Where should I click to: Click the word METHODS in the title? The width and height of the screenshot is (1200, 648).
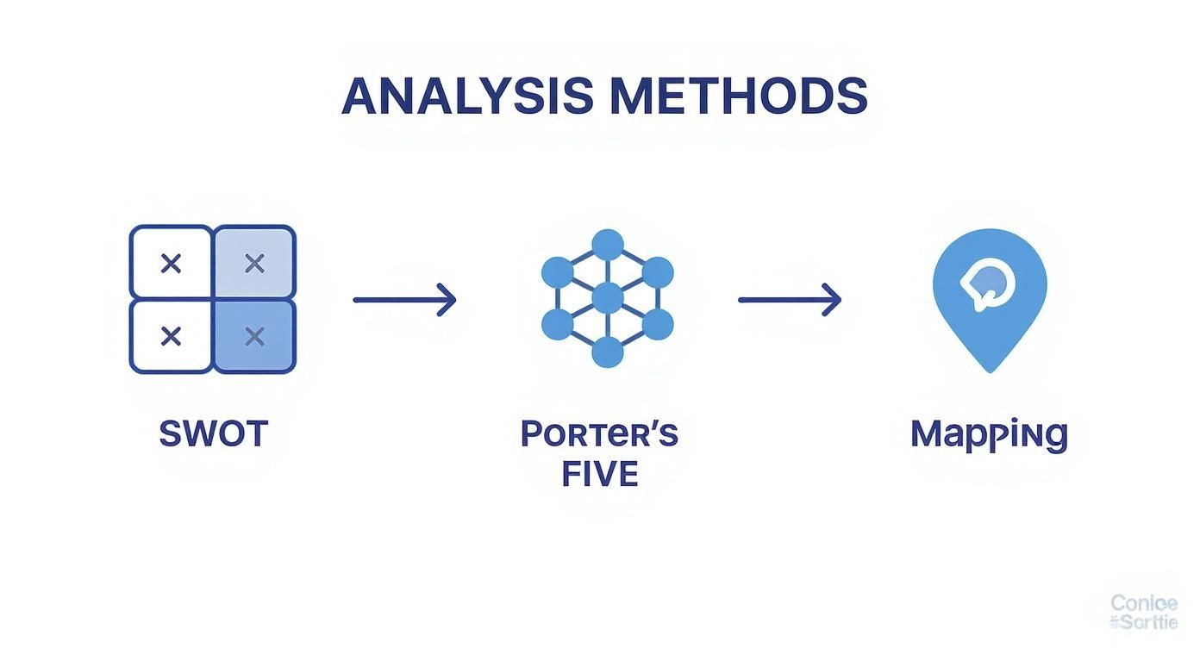(738, 97)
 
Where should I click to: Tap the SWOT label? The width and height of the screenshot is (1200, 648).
(214, 433)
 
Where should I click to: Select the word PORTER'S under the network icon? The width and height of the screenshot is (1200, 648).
(599, 433)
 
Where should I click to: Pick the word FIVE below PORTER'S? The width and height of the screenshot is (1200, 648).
(599, 474)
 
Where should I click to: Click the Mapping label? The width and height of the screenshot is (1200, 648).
(989, 434)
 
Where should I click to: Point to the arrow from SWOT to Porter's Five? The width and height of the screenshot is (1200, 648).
(404, 300)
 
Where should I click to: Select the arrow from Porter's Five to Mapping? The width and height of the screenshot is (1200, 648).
(790, 300)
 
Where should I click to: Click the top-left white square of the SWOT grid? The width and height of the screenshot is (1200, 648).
(171, 263)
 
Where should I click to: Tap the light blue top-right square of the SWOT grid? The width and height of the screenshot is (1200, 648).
(254, 263)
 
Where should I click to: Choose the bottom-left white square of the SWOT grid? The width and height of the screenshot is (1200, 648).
(171, 336)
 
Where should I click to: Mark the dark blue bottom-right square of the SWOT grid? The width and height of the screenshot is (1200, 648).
(254, 336)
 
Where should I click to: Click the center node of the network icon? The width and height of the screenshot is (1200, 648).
(608, 298)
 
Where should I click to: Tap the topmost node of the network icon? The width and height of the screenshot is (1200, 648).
(608, 245)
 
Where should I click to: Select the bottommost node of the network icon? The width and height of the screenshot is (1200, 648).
(608, 352)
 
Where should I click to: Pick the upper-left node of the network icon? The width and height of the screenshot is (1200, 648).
(558, 271)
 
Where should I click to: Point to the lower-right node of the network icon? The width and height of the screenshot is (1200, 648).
(658, 325)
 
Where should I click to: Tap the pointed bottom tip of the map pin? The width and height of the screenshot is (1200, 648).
(990, 369)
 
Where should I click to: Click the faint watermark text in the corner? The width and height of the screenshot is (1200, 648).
(1143, 612)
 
